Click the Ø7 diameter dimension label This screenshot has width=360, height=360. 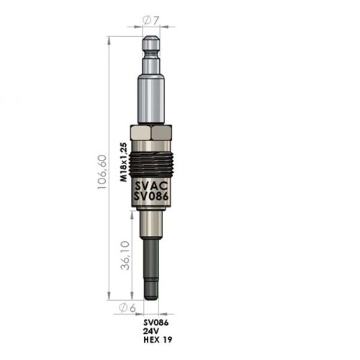151,20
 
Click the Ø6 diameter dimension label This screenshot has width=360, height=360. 127,308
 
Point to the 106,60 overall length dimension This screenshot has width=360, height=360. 102,172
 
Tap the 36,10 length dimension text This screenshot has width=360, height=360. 125,255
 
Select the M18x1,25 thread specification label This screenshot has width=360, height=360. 123,162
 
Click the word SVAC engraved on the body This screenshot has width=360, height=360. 151,186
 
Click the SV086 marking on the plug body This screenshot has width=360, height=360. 151,197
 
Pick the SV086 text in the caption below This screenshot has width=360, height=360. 156,323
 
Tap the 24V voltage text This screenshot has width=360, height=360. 151,331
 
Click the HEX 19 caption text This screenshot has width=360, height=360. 158,340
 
